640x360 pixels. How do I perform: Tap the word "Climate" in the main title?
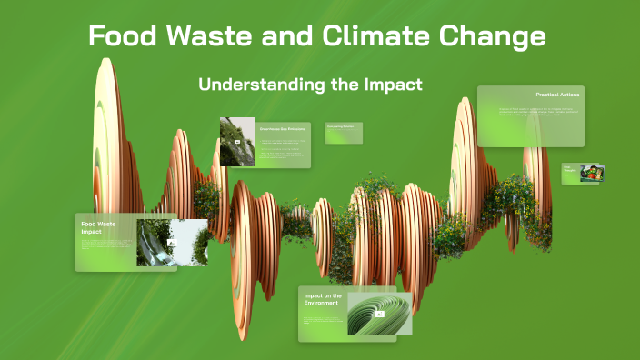click(366, 36)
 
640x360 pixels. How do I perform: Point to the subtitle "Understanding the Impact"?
click(311, 85)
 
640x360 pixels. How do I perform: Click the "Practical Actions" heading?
click(557, 95)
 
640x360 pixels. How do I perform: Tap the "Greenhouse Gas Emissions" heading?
click(280, 129)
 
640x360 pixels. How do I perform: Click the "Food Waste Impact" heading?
click(98, 227)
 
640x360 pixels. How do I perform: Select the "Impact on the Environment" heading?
click(323, 299)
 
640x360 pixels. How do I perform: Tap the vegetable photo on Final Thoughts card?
click(592, 173)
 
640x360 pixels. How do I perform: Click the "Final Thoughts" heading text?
click(569, 171)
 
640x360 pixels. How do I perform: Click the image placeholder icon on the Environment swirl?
click(380, 315)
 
